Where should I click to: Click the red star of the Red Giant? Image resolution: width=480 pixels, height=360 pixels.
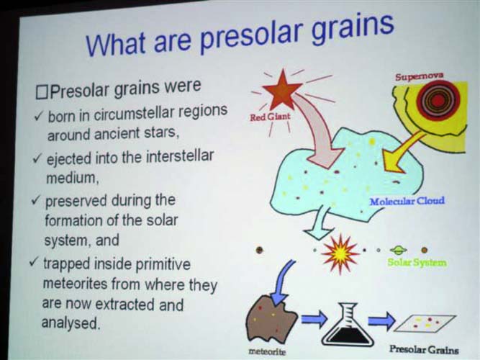[282, 89]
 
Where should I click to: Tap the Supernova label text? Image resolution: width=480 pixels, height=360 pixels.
[419, 76]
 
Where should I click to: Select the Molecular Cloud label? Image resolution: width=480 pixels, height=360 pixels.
[407, 202]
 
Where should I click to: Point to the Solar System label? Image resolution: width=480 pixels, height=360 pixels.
[417, 262]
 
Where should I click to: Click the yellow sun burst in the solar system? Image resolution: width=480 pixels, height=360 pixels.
[340, 253]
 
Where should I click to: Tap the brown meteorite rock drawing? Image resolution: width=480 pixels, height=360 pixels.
[271, 320]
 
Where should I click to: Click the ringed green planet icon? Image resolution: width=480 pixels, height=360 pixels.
[398, 251]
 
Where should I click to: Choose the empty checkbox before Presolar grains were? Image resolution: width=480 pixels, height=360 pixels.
[41, 93]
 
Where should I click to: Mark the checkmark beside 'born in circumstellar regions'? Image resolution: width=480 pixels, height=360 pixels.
[39, 117]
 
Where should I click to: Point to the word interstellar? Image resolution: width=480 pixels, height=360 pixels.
[179, 156]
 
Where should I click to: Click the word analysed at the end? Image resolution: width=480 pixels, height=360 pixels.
[71, 323]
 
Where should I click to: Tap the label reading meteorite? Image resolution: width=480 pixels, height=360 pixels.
[267, 351]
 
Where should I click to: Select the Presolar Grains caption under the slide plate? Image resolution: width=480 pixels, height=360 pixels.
[424, 350]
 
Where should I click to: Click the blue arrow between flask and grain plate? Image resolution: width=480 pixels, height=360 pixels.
[381, 320]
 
